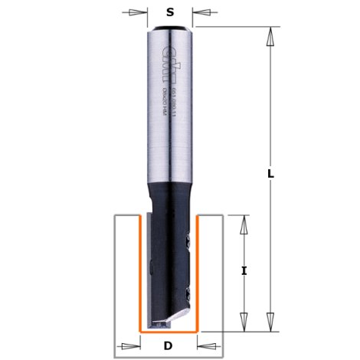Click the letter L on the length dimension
click(x=271, y=174)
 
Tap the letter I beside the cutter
click(x=243, y=271)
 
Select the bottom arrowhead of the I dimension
click(x=243, y=322)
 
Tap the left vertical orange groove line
click(x=139, y=272)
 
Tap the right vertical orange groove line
click(x=198, y=272)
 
